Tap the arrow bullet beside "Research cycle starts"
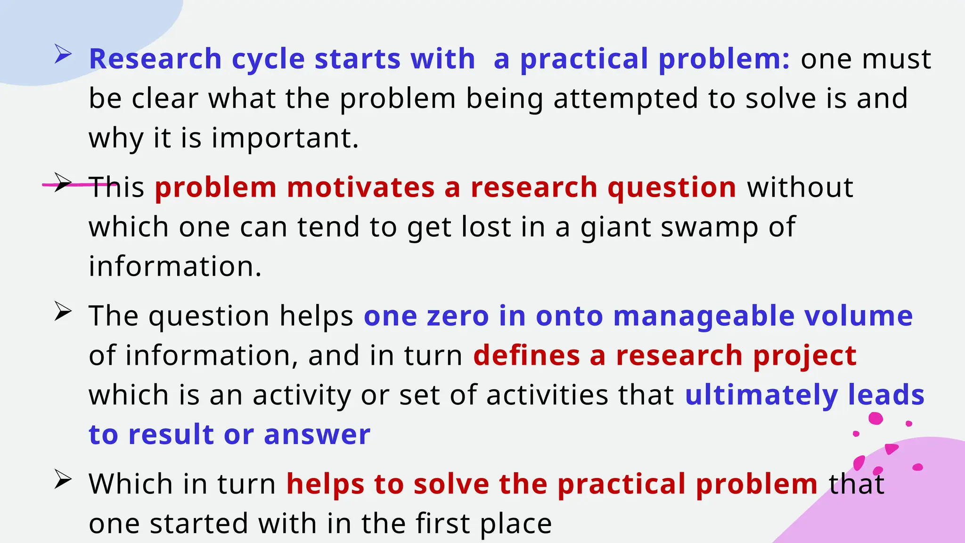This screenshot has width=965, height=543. click(x=63, y=54)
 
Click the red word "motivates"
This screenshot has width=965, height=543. click(x=360, y=187)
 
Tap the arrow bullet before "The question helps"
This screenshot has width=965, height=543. click(x=63, y=312)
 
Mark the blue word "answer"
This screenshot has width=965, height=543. click(x=317, y=435)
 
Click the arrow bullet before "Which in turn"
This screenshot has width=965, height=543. click(x=63, y=479)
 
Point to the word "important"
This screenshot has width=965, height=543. click(x=285, y=139)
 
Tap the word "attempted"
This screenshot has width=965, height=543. click(x=625, y=99)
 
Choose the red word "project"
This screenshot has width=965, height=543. click(x=804, y=356)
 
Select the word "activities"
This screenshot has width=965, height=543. click(x=547, y=395)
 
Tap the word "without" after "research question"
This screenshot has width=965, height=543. click(x=800, y=187)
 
